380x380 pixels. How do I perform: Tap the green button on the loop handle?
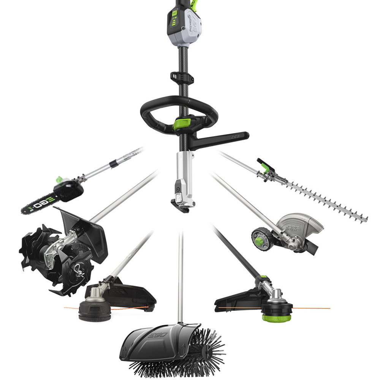tap(182, 124)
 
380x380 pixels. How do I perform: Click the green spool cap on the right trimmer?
tap(276, 318)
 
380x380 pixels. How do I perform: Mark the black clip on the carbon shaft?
tap(182, 76)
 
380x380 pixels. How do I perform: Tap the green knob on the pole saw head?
tap(59, 179)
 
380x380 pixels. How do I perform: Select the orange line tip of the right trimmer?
tap(327, 308)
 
